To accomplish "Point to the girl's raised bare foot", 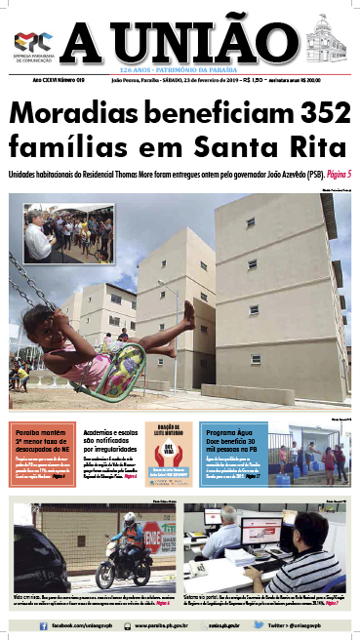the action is coord(190,309).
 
